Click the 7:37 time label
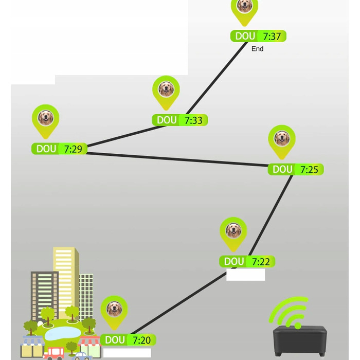point(272,37)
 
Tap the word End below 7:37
point(257,49)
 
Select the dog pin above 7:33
point(166,90)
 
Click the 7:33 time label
point(193,120)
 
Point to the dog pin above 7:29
point(45,119)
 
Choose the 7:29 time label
point(73,149)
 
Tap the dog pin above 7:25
point(281,139)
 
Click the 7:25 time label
point(309,170)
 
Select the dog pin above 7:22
point(233,231)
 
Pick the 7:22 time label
point(261,262)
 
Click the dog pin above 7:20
point(114,309)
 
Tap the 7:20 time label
point(141,340)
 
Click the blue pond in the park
point(63,333)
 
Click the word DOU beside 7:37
point(245,37)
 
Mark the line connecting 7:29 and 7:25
point(177,159)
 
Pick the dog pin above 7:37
point(244,7)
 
